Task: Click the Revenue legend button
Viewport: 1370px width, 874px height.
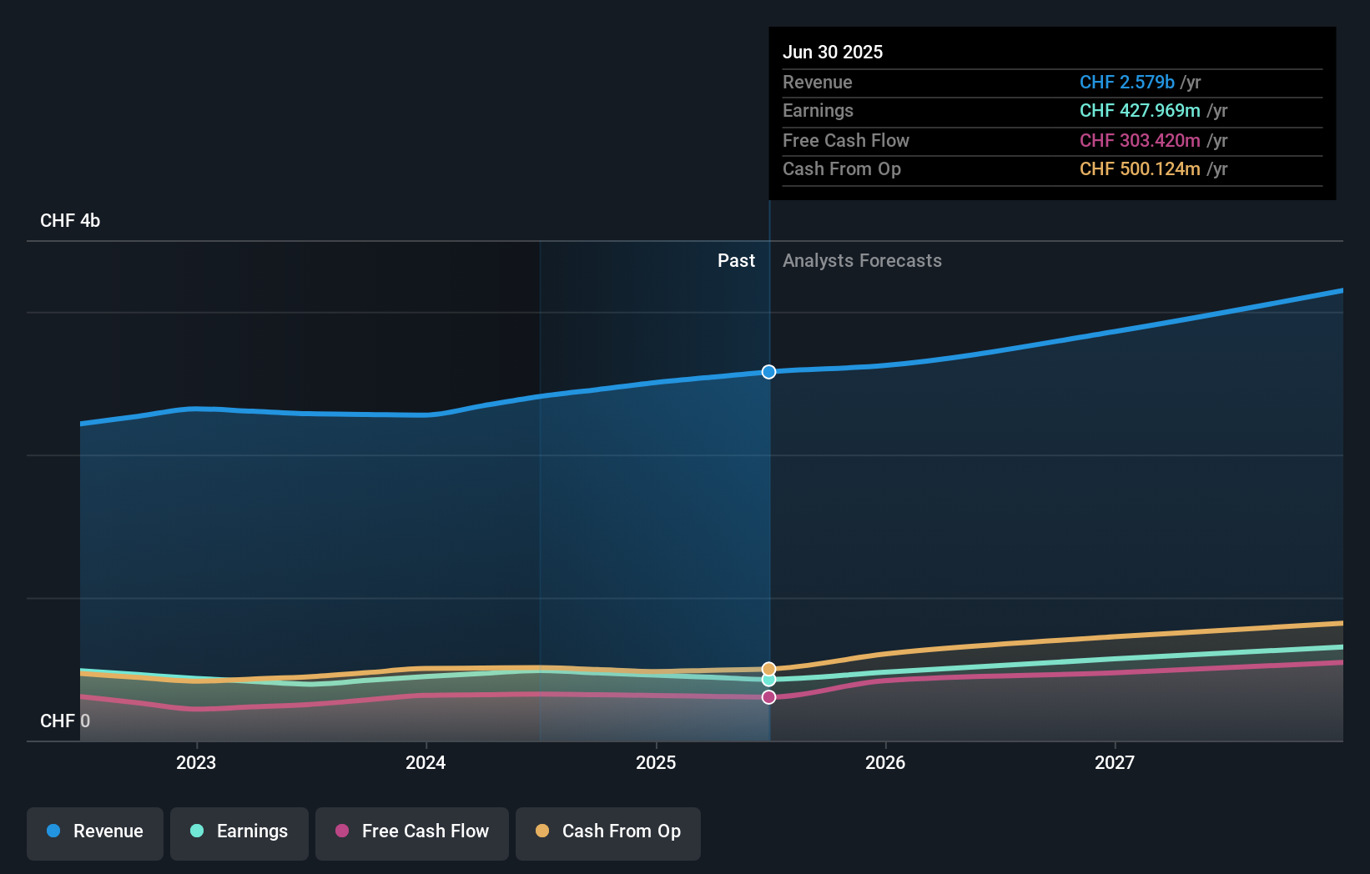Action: (95, 832)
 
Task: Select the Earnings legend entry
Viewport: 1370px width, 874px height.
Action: (239, 832)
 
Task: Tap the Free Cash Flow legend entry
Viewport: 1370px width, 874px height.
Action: (412, 832)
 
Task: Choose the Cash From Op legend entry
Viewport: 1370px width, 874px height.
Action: (608, 832)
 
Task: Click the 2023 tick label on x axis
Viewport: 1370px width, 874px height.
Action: (196, 762)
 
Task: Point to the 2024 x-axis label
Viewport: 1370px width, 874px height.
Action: (426, 762)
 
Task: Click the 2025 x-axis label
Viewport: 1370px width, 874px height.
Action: (656, 762)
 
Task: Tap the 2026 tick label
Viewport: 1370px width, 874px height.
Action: (885, 762)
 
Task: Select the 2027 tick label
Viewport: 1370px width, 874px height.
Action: (1115, 762)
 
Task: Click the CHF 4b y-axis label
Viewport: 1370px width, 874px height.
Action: (70, 221)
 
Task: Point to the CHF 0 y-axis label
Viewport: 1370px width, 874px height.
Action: (65, 721)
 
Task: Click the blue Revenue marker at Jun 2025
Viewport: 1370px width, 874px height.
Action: (768, 372)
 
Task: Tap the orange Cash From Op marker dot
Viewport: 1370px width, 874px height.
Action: (768, 669)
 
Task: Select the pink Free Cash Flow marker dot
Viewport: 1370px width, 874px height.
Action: (768, 697)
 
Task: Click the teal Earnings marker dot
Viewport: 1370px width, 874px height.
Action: (768, 681)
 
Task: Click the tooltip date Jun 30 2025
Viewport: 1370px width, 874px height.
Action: (833, 52)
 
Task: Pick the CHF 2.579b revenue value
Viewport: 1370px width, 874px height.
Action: (1126, 82)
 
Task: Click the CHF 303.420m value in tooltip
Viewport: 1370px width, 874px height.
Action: (1140, 140)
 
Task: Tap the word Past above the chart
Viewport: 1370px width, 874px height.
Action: (736, 261)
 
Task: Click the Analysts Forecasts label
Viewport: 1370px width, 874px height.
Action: (862, 261)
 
